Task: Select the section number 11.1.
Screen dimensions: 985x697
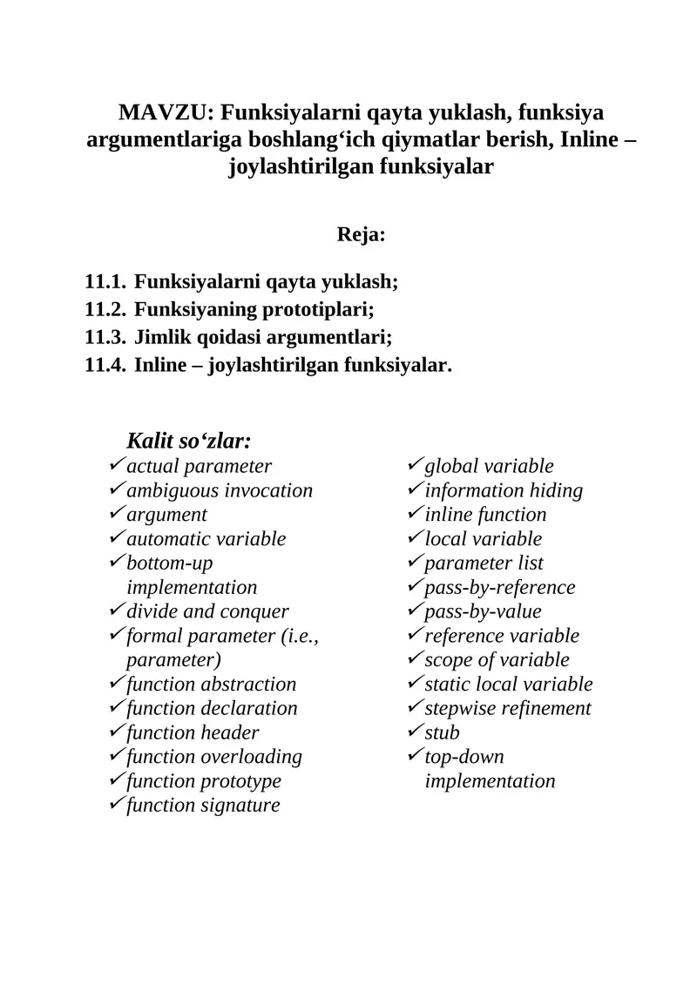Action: (x=106, y=282)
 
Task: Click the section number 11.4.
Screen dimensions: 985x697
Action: (x=106, y=366)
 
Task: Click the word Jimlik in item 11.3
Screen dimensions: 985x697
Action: (x=162, y=338)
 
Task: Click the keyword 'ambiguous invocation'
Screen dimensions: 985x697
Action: (x=220, y=491)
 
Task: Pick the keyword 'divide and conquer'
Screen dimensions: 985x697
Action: (x=207, y=612)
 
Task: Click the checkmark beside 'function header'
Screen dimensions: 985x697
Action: (x=117, y=732)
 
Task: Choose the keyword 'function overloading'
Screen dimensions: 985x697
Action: (x=214, y=757)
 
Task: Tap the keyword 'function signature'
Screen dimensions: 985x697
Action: (x=203, y=806)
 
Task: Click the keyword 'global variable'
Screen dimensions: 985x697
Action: (x=489, y=467)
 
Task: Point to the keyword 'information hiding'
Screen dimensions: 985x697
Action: (x=504, y=491)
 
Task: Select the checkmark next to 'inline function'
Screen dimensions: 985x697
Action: (x=415, y=515)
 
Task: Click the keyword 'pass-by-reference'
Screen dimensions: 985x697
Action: (x=500, y=588)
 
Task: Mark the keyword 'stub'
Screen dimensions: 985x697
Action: (x=442, y=732)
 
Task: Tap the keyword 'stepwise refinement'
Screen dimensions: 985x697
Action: (x=508, y=709)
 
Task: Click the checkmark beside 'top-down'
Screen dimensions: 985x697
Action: (x=415, y=757)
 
